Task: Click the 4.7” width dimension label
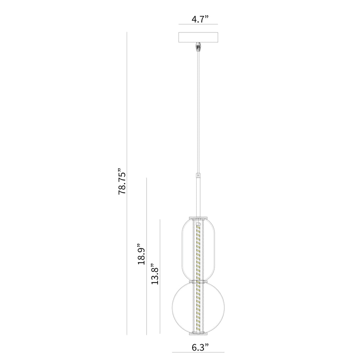(x=200, y=19)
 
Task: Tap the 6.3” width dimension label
(x=200, y=347)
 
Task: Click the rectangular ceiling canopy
(x=198, y=37)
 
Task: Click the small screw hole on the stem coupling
(x=198, y=175)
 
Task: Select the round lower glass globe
(x=173, y=308)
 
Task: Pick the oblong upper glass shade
(x=182, y=249)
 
